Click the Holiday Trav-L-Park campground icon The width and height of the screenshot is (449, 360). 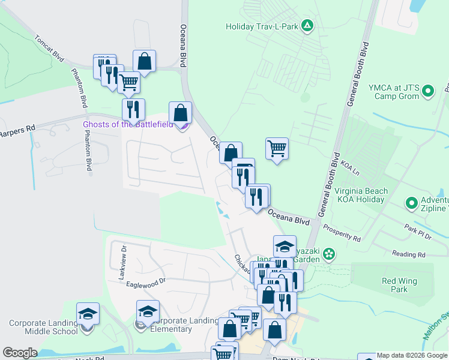click(307, 25)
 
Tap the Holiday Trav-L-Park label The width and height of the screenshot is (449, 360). click(262, 26)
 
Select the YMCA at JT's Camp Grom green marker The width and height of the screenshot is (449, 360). click(428, 91)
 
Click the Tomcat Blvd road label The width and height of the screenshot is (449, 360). click(49, 46)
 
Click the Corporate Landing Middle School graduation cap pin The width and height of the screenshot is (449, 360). click(88, 313)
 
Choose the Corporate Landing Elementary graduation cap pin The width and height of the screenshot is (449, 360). click(148, 311)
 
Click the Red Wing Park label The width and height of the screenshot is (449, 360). click(394, 285)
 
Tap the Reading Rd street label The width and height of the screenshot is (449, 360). click(408, 254)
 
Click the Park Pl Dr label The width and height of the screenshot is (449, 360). click(418, 229)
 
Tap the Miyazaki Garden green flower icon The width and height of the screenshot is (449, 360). click(329, 254)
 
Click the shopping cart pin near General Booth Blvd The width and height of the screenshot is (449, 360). click(277, 148)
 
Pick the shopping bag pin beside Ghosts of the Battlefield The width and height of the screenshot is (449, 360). click(180, 112)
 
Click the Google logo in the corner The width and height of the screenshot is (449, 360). click(20, 353)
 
